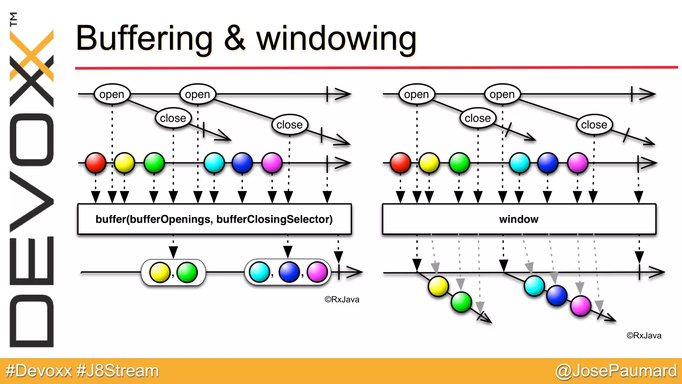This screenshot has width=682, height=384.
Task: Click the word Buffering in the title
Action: pyautogui.click(x=144, y=39)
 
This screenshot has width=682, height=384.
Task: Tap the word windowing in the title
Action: pyautogui.click(x=336, y=39)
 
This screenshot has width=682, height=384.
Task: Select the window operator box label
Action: pyautogui.click(x=518, y=219)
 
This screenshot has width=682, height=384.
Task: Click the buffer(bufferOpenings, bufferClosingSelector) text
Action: pyautogui.click(x=214, y=219)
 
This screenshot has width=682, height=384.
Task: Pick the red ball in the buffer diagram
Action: pyautogui.click(x=96, y=163)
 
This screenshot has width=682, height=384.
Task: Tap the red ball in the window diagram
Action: pyautogui.click(x=400, y=163)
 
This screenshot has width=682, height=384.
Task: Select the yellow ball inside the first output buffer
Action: pyautogui.click(x=160, y=272)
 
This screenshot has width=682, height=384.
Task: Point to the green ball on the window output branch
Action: pyautogui.click(x=461, y=302)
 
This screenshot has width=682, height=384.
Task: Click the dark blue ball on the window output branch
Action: pyautogui.click(x=557, y=295)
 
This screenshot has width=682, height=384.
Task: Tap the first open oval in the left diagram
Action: pyautogui.click(x=112, y=94)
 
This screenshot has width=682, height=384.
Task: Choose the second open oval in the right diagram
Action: pyautogui.click(x=502, y=94)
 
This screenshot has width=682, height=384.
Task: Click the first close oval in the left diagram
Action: pyautogui.click(x=173, y=118)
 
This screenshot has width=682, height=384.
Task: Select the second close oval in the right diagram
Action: pyautogui.click(x=594, y=125)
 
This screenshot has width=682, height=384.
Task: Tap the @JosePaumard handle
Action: pyautogui.click(x=616, y=371)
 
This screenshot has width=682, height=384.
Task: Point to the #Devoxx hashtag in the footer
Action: pyautogui.click(x=39, y=371)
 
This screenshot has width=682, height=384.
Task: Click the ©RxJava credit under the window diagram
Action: pyautogui.click(x=644, y=336)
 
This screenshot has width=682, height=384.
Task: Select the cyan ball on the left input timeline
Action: pyautogui.click(x=214, y=163)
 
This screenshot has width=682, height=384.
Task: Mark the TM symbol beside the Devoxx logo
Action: pyautogui.click(x=13, y=19)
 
